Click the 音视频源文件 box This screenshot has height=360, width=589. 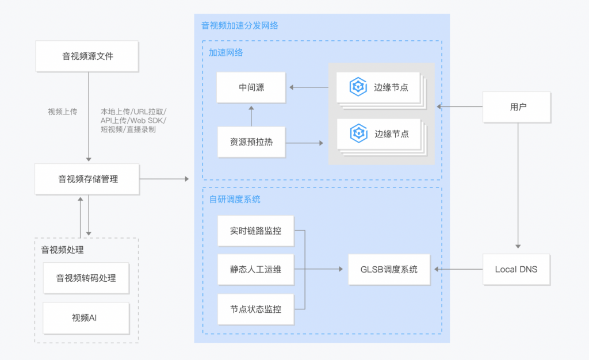[87, 56]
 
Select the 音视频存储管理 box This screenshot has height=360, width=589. [87, 179]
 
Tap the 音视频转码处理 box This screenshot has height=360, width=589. [86, 278]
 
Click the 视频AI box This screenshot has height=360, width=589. [86, 317]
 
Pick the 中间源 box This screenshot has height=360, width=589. [251, 87]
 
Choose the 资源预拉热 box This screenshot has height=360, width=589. [251, 141]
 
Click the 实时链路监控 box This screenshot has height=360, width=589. [256, 231]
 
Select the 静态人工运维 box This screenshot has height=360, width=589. [256, 269]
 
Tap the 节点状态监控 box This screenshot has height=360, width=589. [256, 309]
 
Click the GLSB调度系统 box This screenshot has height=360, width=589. [389, 269]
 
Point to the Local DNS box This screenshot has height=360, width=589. [516, 269]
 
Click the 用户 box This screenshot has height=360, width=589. [518, 107]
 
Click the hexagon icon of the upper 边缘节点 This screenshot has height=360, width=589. [358, 87]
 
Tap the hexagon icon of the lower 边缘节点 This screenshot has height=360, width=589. [358, 133]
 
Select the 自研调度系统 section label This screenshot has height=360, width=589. [234, 200]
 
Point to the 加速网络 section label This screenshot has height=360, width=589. [225, 53]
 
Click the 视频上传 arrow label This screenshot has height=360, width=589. [62, 112]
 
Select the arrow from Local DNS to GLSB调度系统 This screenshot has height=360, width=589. [459, 269]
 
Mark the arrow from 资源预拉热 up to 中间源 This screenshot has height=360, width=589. [251, 115]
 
